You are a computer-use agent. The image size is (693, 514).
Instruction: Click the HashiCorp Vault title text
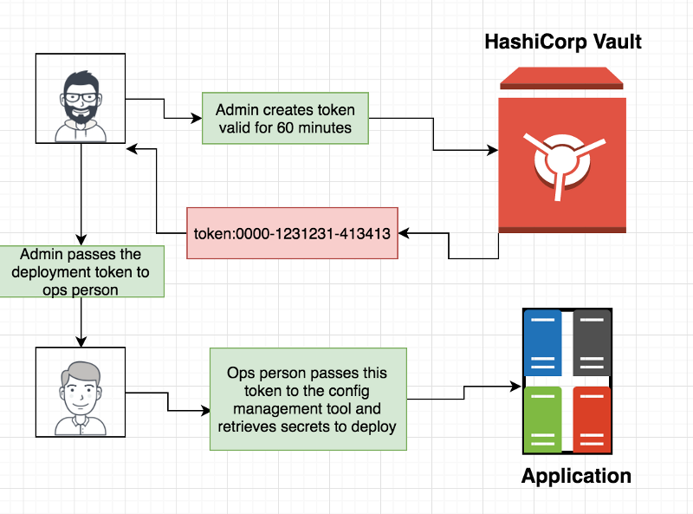(x=562, y=42)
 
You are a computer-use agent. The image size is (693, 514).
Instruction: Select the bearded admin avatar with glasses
(x=81, y=98)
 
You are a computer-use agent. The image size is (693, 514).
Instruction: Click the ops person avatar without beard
(x=81, y=392)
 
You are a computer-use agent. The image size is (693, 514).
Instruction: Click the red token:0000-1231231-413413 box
(x=292, y=233)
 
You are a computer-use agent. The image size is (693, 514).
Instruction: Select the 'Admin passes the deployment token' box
(x=81, y=272)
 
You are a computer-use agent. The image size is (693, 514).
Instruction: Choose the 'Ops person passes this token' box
(x=308, y=399)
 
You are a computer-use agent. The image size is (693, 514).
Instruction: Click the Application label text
(x=576, y=476)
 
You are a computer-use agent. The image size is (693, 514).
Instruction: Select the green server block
(x=543, y=418)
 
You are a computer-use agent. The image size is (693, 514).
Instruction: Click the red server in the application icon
(x=592, y=418)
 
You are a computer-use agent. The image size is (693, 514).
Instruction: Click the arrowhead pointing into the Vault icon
(x=492, y=151)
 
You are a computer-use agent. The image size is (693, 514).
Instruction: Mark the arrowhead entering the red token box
(x=404, y=233)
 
